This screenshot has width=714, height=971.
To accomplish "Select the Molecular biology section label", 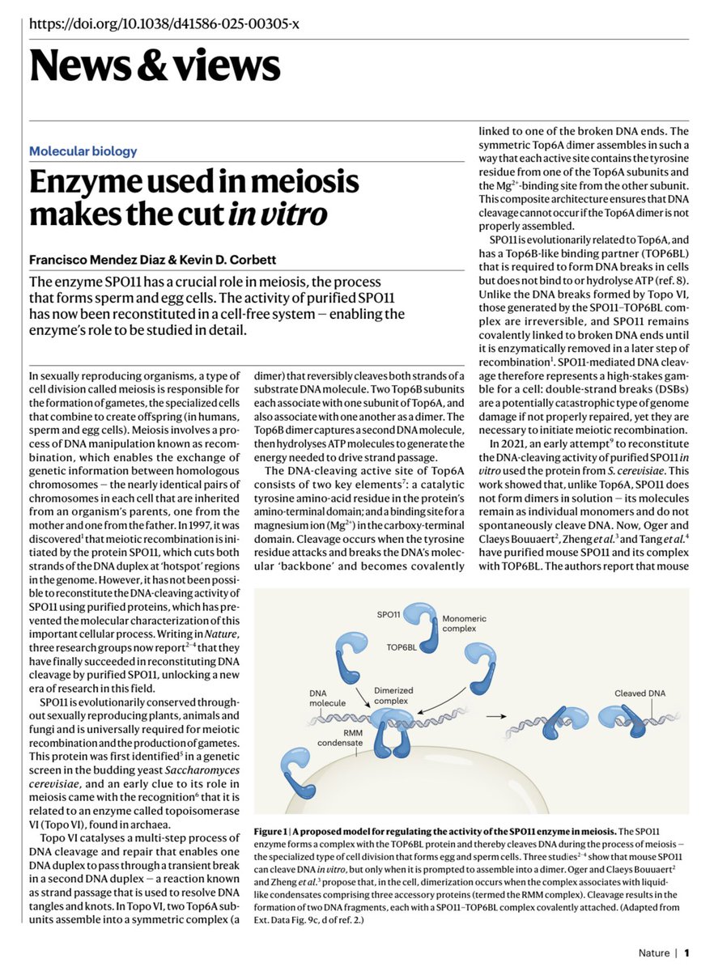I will coord(83,151).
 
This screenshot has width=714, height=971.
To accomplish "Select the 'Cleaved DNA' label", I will coord(640,693).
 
